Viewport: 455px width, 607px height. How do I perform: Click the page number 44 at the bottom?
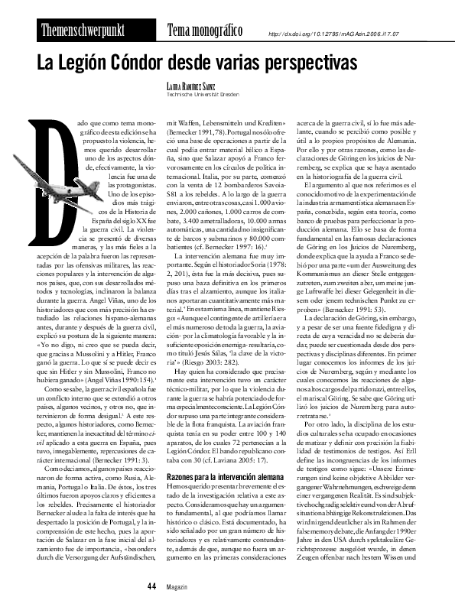point(151,585)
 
